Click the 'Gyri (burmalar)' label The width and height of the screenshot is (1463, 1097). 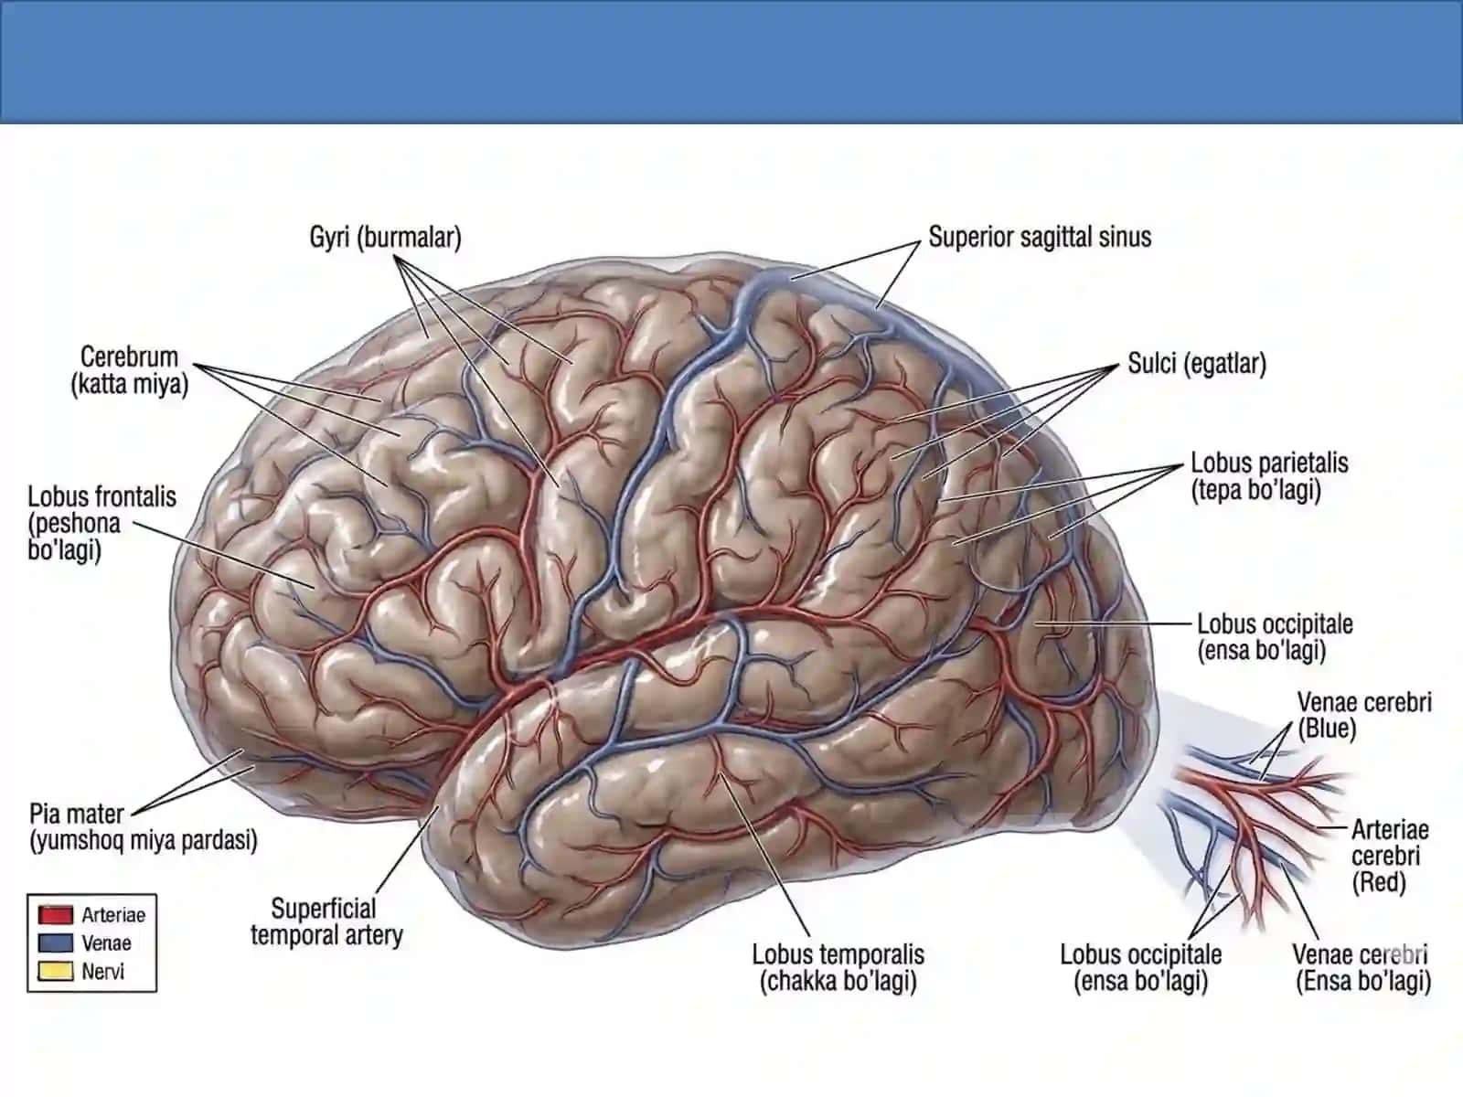[x=385, y=238]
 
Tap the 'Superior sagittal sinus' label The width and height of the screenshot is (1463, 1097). [x=1040, y=237]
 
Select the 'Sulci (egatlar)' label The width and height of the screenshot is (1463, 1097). [x=1196, y=364]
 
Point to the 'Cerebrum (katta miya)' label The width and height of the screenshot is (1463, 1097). [x=129, y=370]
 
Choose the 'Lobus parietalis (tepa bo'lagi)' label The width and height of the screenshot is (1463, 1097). [x=1269, y=476]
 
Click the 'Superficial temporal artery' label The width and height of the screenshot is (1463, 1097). [x=326, y=921]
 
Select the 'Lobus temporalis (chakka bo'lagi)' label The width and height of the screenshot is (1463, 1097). [x=838, y=968]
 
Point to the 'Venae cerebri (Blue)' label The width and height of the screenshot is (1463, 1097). [x=1363, y=716]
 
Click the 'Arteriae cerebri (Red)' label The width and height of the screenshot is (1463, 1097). [x=1390, y=856]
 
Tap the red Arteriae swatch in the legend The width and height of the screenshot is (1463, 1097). [x=56, y=914]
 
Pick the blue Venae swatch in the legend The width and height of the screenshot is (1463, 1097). [x=56, y=943]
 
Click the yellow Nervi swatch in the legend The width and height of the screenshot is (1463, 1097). [x=56, y=971]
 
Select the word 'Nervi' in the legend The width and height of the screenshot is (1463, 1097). [x=102, y=972]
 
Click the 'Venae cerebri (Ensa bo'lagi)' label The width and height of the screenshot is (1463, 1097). [x=1362, y=968]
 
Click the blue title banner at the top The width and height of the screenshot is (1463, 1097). [x=731, y=62]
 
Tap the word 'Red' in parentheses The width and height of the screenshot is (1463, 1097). [x=1378, y=882]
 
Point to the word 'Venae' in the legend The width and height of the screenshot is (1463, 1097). [x=106, y=943]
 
